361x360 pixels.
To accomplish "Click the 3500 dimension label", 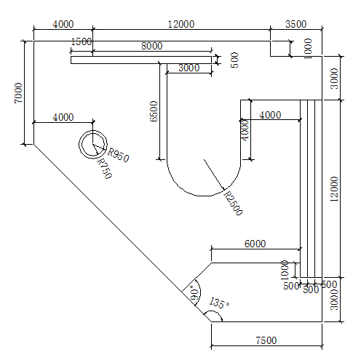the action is tap(295, 24).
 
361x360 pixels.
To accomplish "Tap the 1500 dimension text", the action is tap(82, 41).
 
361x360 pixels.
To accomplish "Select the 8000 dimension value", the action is tap(152, 46).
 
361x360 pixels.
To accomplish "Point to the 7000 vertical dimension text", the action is tap(18, 93).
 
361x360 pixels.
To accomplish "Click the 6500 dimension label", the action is tap(154, 111).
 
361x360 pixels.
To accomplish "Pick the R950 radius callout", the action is tap(118, 155).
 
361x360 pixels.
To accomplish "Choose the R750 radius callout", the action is tap(105, 169).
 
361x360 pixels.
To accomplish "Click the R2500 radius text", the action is tap(233, 203).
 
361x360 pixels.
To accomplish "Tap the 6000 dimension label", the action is tap(255, 244).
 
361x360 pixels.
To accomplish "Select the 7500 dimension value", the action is tap(266, 340).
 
